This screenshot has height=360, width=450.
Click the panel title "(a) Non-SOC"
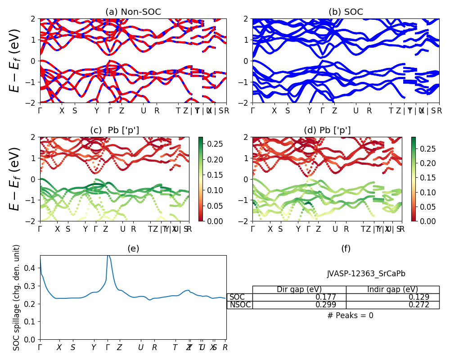coord(133,12)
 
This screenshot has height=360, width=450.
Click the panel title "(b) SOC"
coord(346,12)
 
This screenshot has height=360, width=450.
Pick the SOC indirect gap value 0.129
coord(419,297)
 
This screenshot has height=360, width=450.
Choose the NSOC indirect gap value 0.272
coord(419,305)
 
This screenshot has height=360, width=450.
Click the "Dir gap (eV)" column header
coord(299,289)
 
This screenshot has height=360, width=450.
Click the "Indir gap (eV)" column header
coord(392,289)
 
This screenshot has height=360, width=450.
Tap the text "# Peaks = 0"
coord(351,315)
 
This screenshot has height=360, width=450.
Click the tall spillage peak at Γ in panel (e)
coord(108,257)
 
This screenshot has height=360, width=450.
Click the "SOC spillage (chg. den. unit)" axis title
coord(17,297)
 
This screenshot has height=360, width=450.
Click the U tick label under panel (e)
coord(140,347)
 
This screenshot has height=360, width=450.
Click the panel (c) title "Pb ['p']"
coord(115,130)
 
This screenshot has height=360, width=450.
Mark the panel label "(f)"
coord(346,248)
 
